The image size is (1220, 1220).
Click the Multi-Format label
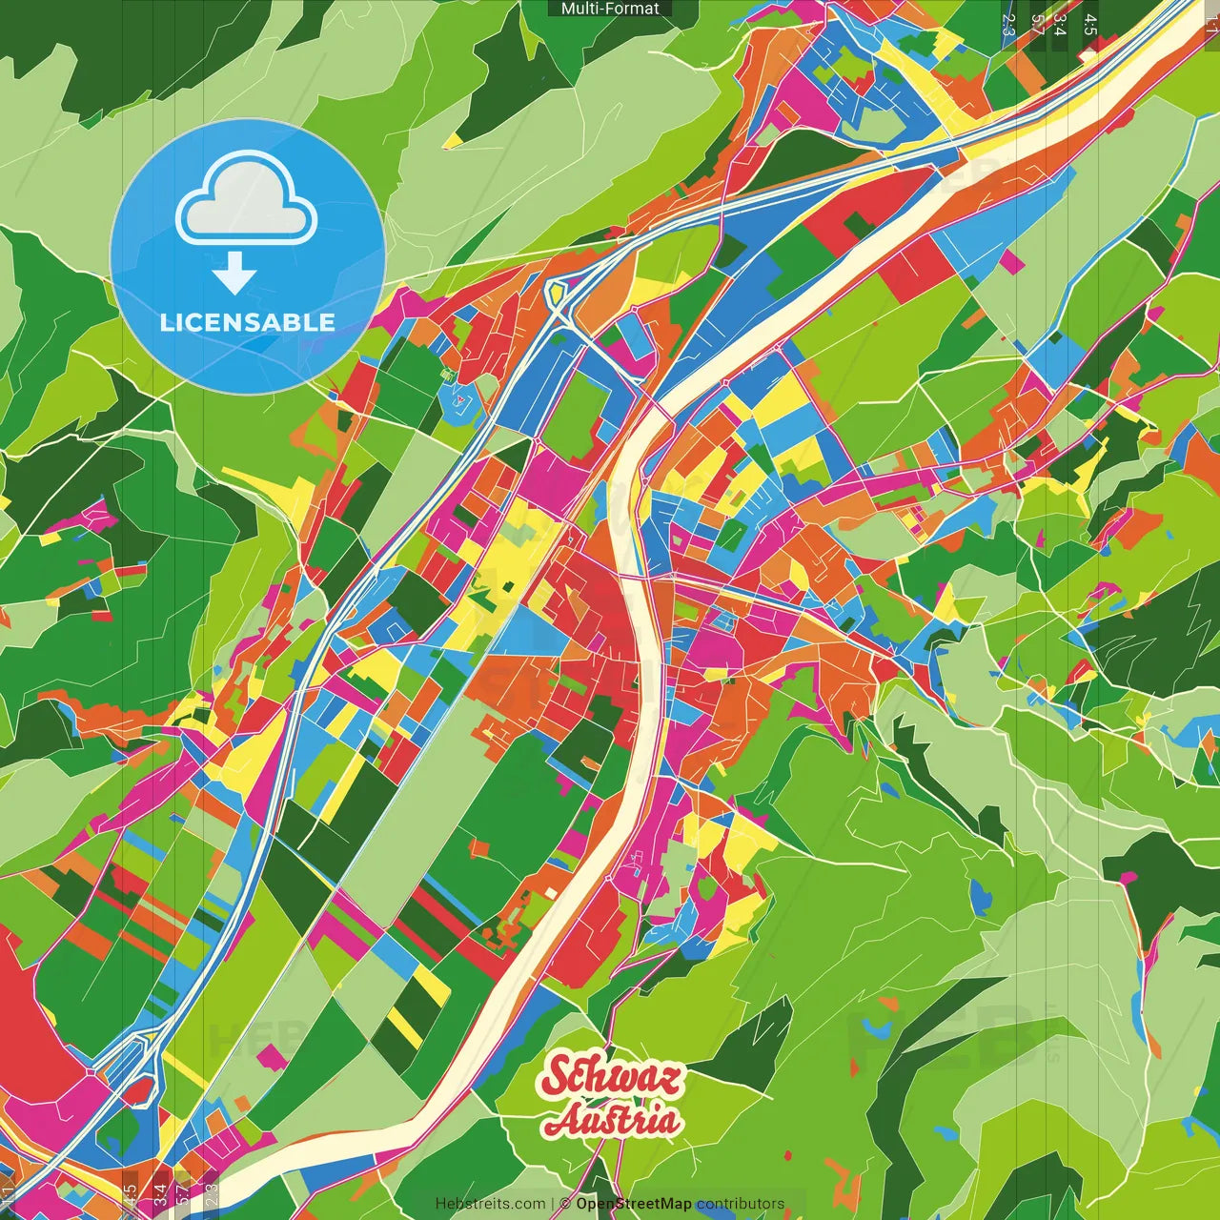(610, 9)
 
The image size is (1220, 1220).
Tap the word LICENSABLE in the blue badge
(248, 322)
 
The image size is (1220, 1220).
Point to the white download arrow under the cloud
(234, 274)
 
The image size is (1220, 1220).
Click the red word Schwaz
(612, 1076)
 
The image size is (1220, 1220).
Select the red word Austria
(613, 1121)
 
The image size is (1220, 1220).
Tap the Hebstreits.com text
(490, 1204)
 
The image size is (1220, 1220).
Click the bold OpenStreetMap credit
(634, 1204)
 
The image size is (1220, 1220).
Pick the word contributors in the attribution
(741, 1204)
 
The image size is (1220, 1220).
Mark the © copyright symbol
(565, 1204)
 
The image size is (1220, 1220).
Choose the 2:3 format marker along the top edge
(1009, 25)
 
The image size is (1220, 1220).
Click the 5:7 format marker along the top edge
(1037, 25)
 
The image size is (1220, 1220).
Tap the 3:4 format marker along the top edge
(1060, 25)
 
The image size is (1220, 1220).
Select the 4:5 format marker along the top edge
(1090, 25)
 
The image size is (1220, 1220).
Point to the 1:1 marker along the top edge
(1211, 25)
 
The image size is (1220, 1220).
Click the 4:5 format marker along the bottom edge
(131, 1195)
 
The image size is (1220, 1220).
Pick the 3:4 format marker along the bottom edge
(160, 1195)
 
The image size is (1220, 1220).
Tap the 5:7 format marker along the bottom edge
(183, 1195)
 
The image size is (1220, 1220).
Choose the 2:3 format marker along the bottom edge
(212, 1195)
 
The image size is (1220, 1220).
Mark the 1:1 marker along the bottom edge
(9, 1195)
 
